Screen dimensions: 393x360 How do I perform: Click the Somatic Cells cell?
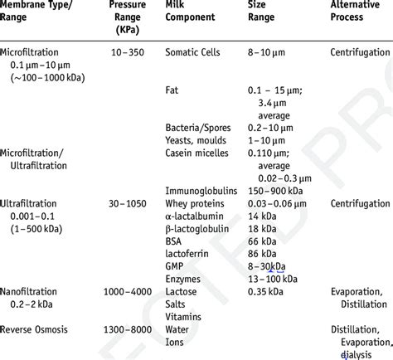point(195,52)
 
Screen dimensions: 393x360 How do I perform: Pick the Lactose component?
point(184,292)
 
